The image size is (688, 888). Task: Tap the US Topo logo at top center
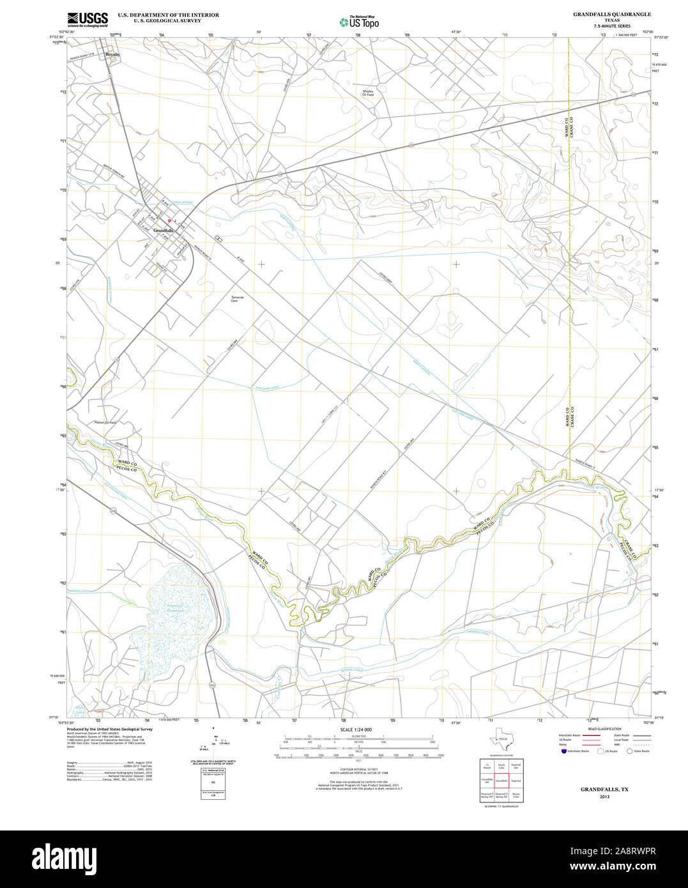point(359,22)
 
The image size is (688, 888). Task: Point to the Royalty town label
point(113,54)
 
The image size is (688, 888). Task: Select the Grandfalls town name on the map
point(164,230)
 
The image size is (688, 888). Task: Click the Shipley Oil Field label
point(368,93)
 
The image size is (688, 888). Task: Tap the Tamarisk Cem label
point(238,298)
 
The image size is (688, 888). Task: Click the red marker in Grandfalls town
point(169,221)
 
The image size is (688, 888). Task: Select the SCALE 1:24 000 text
point(356,730)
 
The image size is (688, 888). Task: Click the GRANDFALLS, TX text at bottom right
point(604,790)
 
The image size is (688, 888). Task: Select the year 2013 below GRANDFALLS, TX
point(604,797)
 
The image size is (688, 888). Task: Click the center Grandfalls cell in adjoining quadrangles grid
point(501,781)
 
